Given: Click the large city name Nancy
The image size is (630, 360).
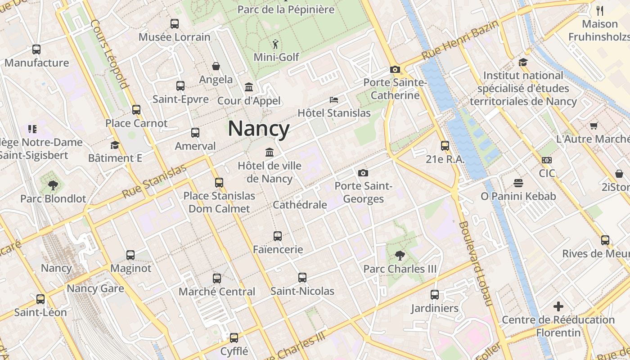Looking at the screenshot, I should [259, 129].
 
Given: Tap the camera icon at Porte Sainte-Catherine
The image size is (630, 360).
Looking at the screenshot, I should [395, 70].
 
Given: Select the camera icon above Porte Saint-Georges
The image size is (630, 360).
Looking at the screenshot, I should [363, 173].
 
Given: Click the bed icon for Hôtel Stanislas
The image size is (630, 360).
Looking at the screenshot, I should [333, 100].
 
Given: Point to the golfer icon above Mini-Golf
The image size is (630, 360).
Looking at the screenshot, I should [275, 44].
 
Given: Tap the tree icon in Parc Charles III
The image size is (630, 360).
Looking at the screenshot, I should [399, 256].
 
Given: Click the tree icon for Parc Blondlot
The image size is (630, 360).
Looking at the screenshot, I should [53, 185].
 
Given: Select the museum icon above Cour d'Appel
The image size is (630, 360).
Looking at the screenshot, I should [249, 87].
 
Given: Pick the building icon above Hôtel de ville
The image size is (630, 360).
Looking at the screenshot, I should [270, 153].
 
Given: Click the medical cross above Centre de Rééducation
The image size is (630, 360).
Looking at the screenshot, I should [558, 307].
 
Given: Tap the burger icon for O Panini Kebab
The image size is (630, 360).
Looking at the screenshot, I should [518, 183].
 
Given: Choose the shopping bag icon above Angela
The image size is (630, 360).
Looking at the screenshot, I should [216, 67].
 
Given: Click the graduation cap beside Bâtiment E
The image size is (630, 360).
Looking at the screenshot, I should [115, 145].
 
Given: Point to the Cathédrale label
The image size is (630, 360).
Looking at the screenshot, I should [300, 205].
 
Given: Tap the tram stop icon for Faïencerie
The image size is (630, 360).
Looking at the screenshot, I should [278, 236].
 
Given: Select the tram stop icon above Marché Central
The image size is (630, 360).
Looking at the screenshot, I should [217, 279].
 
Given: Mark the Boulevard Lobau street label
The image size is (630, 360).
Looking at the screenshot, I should [476, 264].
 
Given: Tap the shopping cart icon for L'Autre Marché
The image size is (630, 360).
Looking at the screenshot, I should [594, 126].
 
